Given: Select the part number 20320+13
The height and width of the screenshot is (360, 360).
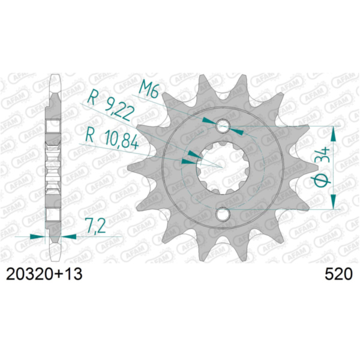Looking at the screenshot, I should [x=44, y=275].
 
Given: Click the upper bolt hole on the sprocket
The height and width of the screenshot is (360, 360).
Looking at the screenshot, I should [x=223, y=126].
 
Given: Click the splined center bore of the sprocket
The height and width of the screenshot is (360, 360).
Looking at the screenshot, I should [x=223, y=168].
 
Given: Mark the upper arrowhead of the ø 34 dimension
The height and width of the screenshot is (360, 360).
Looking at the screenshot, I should [x=333, y=133].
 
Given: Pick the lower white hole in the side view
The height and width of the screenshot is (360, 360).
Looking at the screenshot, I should [x=54, y=214].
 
